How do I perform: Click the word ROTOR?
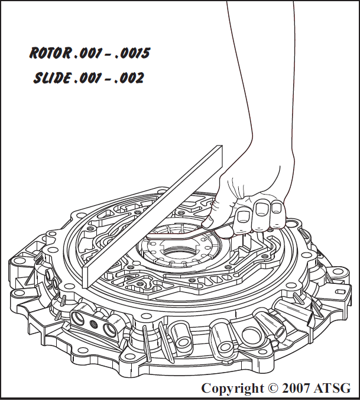point(50,53)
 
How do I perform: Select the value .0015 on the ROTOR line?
point(132,53)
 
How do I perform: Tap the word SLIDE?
point(52,77)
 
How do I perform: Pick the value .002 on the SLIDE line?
point(129,77)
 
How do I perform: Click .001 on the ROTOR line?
point(87,53)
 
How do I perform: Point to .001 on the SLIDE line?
point(87,77)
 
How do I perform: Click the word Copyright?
point(232,388)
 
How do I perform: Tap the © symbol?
point(273,388)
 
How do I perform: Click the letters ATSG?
point(332,388)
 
